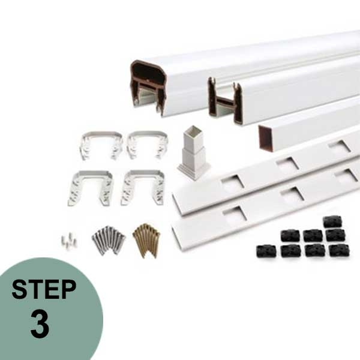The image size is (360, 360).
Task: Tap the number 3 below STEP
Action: point(40,324)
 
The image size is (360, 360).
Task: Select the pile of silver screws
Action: point(108,239)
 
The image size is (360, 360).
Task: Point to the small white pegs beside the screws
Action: point(69,240)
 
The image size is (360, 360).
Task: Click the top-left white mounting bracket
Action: point(100,145)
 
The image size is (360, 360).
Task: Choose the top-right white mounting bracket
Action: point(148,144)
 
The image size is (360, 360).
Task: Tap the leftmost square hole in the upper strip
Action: point(232,180)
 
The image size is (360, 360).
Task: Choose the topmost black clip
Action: point(332,221)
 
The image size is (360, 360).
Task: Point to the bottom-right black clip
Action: point(338,250)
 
